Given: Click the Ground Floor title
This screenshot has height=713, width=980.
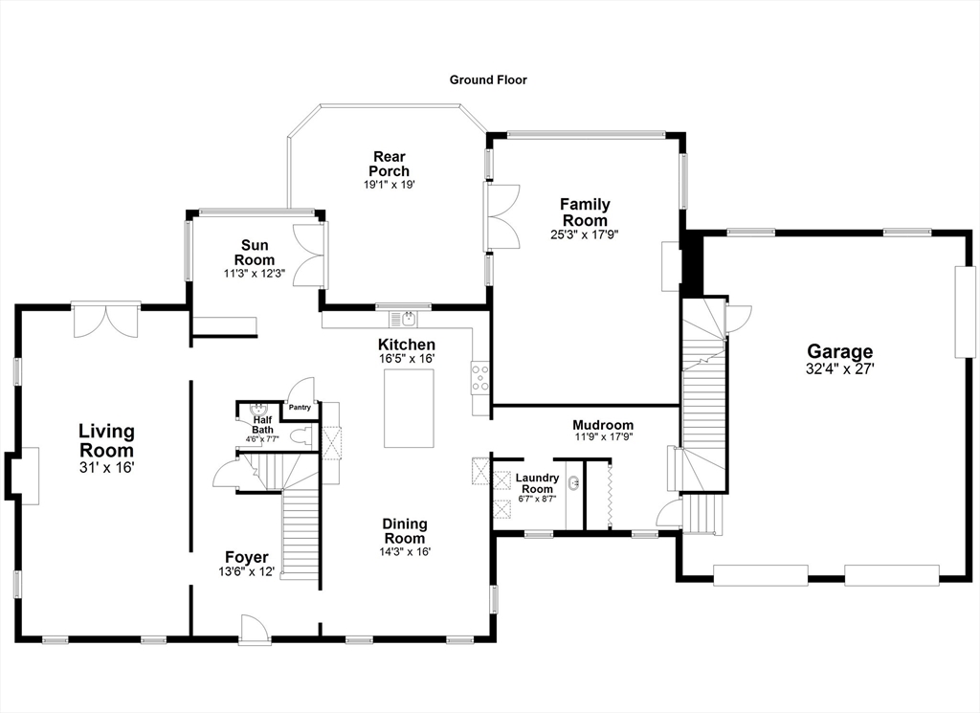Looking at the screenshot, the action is point(488,80).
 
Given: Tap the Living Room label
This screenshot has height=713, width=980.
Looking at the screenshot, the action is point(106,440).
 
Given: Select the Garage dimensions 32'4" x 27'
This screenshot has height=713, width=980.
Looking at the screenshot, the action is point(840,369).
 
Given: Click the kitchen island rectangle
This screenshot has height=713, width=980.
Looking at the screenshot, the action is point(409,408).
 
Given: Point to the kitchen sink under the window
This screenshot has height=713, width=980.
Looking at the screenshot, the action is point(404,320).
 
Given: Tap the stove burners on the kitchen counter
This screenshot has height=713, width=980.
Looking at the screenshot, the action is point(480,377).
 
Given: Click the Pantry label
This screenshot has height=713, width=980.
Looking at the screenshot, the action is point(300,408).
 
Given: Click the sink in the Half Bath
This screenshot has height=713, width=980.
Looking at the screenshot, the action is point(257,411).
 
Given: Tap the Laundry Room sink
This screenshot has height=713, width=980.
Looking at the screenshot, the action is point(574,482).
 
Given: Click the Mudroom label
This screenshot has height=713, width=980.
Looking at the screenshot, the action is point(603,426).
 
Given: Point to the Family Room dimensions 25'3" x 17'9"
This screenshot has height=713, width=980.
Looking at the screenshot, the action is point(585,235).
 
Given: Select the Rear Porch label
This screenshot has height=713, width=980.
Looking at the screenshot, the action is point(389,164).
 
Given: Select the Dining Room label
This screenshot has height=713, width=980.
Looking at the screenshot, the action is point(405,531).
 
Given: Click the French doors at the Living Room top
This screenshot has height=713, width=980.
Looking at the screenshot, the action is point(105,321).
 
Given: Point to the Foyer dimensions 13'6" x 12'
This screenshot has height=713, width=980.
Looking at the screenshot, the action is point(247,571).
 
